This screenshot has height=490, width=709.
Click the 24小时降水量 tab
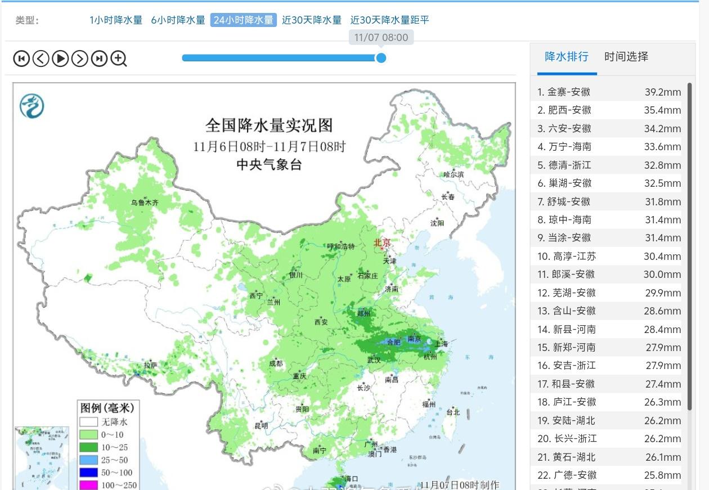(x=243, y=20)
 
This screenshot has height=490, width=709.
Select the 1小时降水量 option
(x=116, y=20)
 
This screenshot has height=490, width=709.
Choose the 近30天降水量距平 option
(x=389, y=20)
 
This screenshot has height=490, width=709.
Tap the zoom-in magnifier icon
(x=119, y=59)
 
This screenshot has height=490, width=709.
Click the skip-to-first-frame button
(x=21, y=59)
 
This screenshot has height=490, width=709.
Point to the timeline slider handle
(x=381, y=58)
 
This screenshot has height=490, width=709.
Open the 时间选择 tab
(x=626, y=57)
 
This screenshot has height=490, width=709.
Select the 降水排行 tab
(x=567, y=57)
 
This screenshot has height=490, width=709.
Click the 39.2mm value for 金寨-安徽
(x=662, y=92)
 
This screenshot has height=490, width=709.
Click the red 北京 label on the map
(x=382, y=242)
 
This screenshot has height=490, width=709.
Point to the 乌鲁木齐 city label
(x=145, y=203)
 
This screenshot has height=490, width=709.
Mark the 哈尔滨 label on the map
(x=454, y=175)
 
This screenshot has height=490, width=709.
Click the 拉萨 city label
(x=150, y=366)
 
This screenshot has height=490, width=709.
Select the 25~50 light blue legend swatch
(x=89, y=460)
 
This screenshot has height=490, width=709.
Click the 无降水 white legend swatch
(x=89, y=422)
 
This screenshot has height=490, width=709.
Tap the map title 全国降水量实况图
(x=269, y=125)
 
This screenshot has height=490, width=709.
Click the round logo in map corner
(x=32, y=106)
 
